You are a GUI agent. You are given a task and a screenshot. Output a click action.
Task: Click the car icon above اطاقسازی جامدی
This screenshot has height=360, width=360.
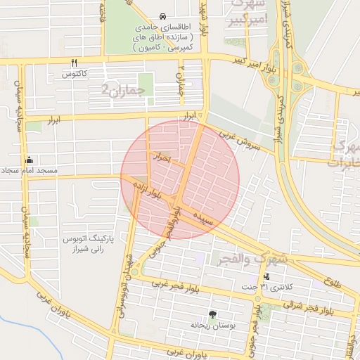(x=163, y=15)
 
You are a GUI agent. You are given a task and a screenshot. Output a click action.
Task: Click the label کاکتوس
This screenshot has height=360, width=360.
(x=75, y=73)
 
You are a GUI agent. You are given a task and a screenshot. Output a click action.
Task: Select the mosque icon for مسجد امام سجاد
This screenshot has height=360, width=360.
(x=29, y=159)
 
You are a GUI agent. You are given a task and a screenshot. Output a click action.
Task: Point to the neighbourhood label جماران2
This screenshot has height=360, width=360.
(x=123, y=90)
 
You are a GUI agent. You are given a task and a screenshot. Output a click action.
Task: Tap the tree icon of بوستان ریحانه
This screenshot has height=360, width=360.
(x=212, y=314)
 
